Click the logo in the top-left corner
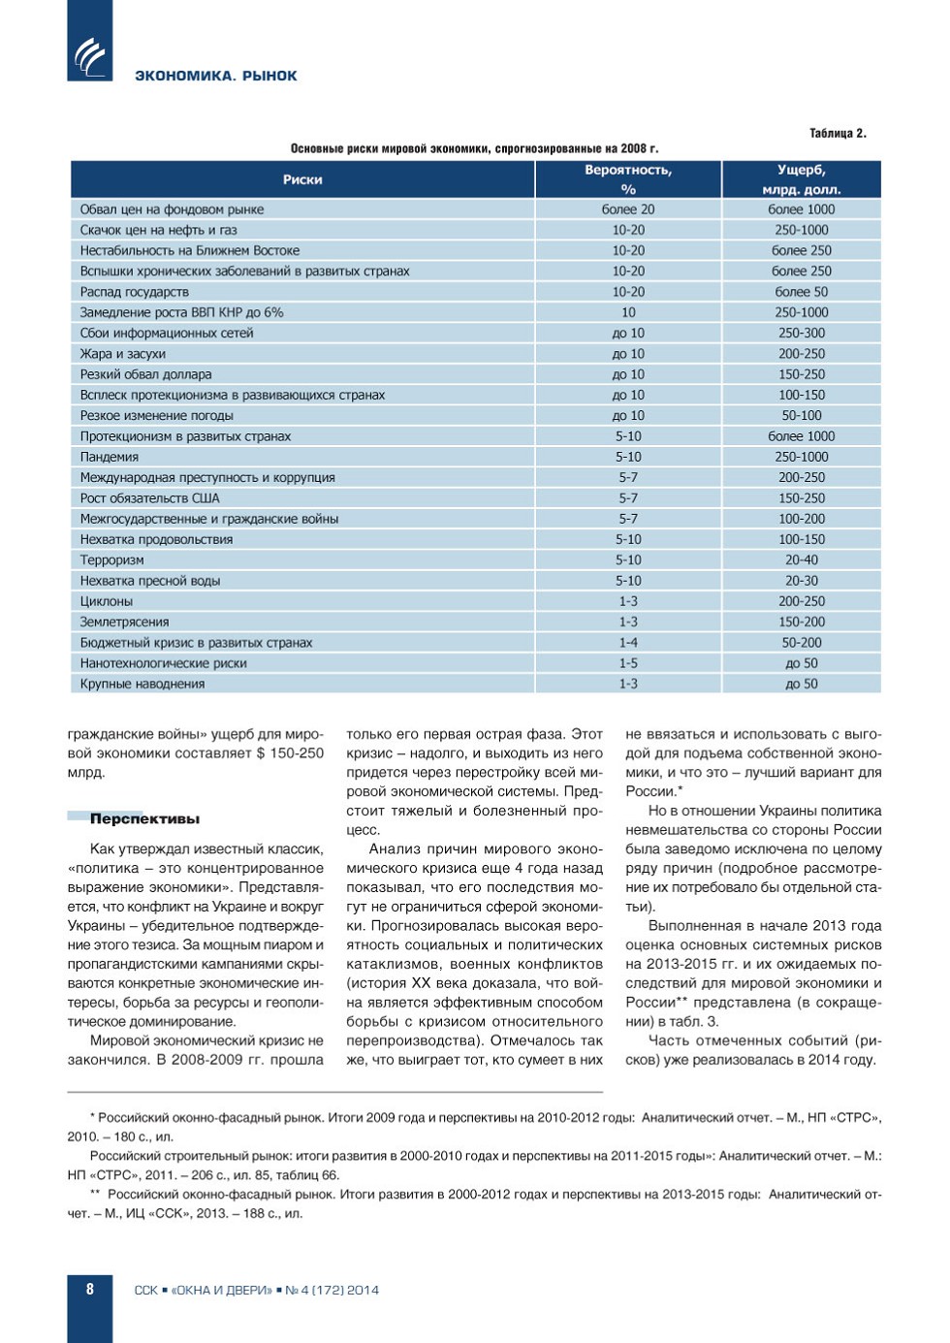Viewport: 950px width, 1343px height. pos(89,56)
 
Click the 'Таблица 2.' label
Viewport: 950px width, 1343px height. pos(838,133)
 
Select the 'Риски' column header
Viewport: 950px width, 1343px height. pos(302,179)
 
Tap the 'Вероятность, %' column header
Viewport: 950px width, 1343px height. pos(628,179)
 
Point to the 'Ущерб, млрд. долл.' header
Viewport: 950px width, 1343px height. pos(802,179)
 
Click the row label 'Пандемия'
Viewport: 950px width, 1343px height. pos(110,457)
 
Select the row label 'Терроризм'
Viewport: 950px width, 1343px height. pos(112,560)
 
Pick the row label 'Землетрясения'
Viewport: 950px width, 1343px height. pos(124,622)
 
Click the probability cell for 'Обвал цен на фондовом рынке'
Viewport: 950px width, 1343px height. pos(628,209)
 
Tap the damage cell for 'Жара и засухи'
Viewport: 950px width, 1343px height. pos(802,354)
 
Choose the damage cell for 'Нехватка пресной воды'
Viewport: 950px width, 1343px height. pos(802,581)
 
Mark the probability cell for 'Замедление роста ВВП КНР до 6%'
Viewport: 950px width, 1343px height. pos(628,312)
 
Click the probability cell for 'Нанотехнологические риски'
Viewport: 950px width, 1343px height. pos(628,663)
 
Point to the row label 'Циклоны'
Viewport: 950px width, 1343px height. pos(107,601)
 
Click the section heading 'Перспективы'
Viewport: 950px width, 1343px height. pos(144,818)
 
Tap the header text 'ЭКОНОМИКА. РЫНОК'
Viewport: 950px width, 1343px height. pos(216,76)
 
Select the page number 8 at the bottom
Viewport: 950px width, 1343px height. pos(90,1289)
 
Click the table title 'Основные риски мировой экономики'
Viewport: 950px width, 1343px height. pos(474,148)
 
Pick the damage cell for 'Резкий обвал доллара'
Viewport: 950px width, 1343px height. pos(802,374)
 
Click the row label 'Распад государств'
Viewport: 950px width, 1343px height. pos(135,292)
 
